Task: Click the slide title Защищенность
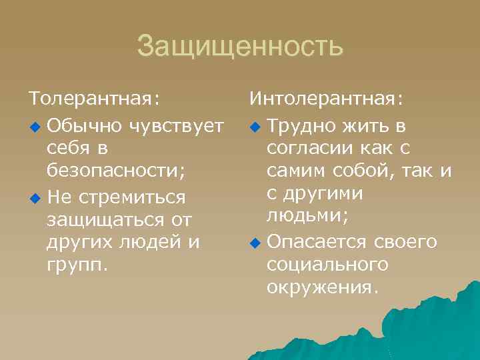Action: click(x=240, y=47)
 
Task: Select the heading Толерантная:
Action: click(x=94, y=100)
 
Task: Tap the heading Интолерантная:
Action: click(x=326, y=100)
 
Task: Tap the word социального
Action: click(x=327, y=265)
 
